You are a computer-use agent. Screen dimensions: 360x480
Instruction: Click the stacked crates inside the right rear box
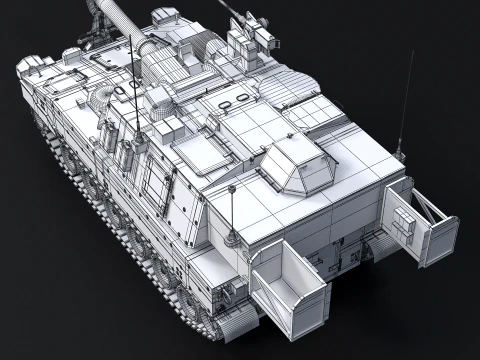click(x=403, y=226)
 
